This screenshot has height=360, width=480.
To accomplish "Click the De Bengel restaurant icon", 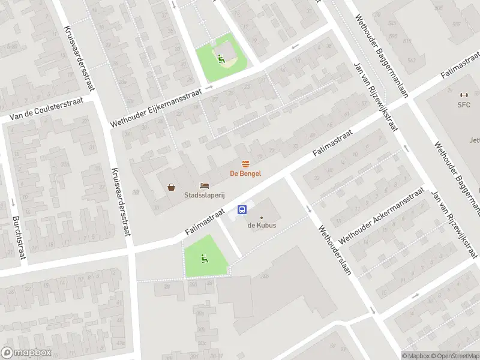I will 245,164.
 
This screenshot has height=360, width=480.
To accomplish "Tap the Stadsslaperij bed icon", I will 205,186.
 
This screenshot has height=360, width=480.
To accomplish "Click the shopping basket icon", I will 172,187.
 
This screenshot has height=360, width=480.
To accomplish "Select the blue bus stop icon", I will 242,209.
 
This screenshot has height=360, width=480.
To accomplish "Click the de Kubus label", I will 261,226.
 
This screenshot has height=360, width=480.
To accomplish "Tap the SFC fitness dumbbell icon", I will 463,95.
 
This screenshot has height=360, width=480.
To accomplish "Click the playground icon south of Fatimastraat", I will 204,259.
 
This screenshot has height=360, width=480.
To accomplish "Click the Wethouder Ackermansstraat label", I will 382,214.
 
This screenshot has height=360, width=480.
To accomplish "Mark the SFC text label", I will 463,105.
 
